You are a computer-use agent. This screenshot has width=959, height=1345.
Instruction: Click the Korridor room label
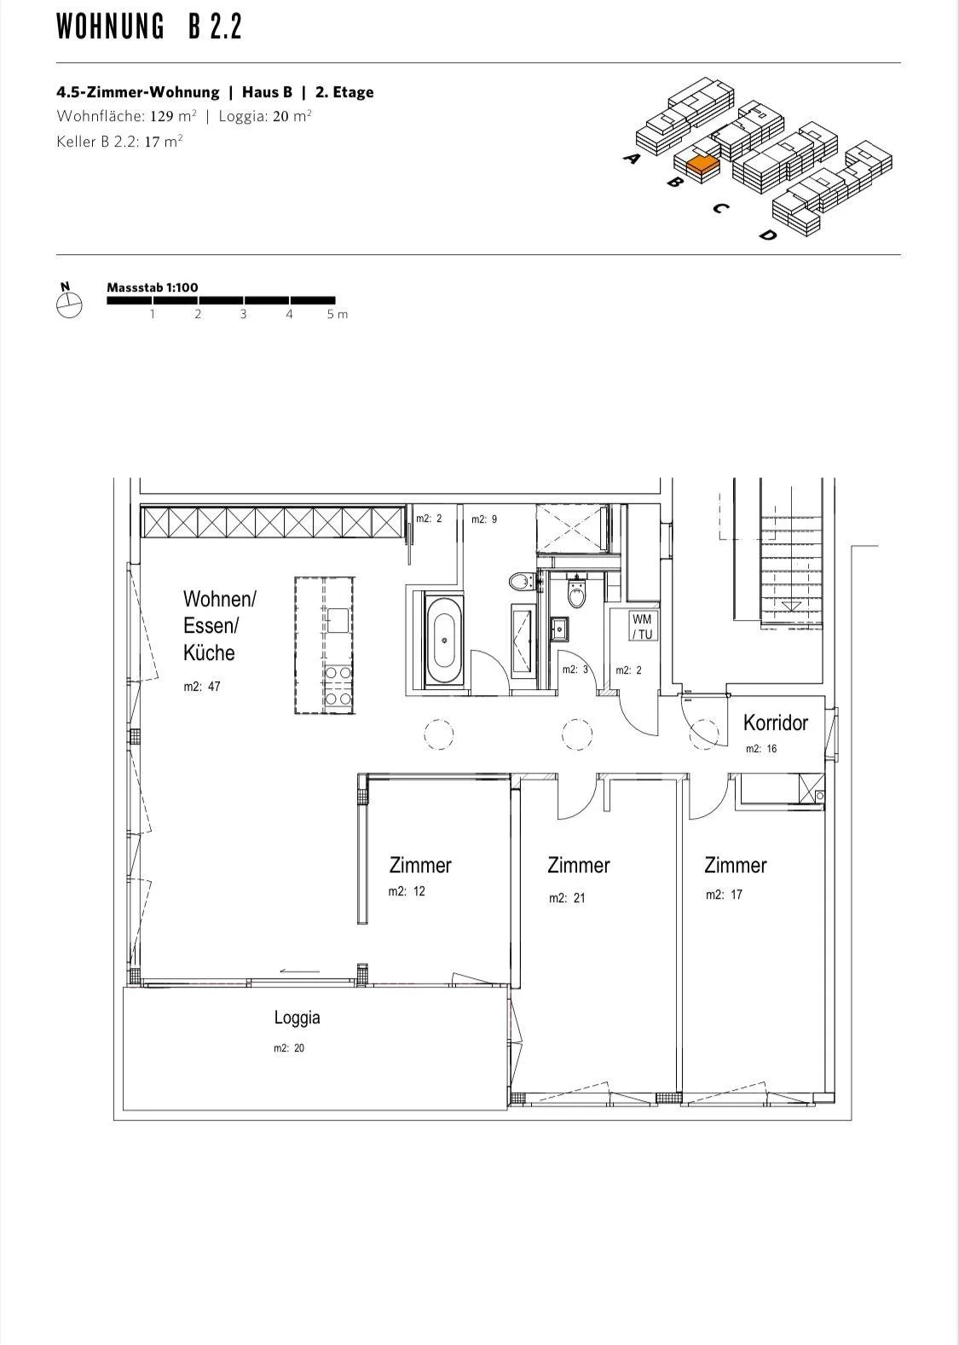(x=776, y=722)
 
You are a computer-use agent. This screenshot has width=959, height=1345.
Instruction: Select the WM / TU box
(x=642, y=626)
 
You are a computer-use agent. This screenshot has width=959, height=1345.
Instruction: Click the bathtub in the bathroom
(x=443, y=640)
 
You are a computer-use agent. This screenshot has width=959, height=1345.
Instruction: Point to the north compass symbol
(x=68, y=302)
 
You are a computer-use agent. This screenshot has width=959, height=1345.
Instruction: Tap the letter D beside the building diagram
(x=767, y=235)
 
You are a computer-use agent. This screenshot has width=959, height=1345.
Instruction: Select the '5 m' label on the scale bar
(x=338, y=314)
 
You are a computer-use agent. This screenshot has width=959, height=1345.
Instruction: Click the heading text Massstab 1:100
(x=153, y=287)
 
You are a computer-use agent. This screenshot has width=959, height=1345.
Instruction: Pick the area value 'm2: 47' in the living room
(x=202, y=687)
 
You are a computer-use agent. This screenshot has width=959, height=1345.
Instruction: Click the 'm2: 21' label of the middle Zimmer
(x=567, y=898)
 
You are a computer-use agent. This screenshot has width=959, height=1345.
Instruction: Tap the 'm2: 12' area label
(x=407, y=891)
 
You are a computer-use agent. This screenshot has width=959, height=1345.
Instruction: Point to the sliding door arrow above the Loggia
(x=300, y=971)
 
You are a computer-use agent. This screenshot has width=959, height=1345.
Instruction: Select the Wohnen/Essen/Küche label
(x=219, y=626)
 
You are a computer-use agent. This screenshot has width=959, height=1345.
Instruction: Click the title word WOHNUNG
(x=111, y=26)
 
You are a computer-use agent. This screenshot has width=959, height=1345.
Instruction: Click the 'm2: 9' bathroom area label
(x=484, y=519)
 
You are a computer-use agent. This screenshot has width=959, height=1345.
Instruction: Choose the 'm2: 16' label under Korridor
(x=761, y=749)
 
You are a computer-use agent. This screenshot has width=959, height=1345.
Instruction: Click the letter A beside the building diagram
(x=632, y=158)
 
